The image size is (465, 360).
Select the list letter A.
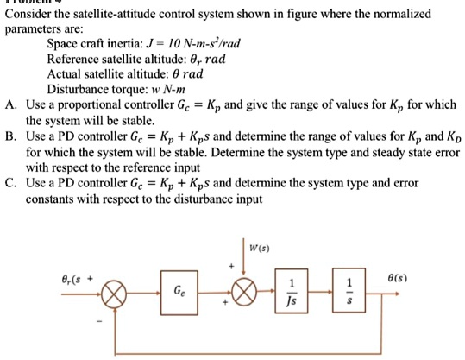click(9, 104)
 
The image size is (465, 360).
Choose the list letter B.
click(9, 136)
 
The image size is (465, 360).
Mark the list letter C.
click(9, 182)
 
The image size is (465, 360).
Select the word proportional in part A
click(87, 104)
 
